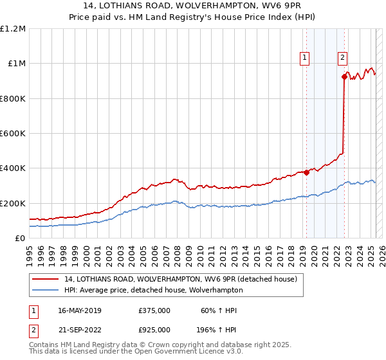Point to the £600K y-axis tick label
coord(13,133)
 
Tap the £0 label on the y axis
coord(19,238)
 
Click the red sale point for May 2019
coord(306,172)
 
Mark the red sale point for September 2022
coord(344,77)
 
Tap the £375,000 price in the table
coord(154,310)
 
